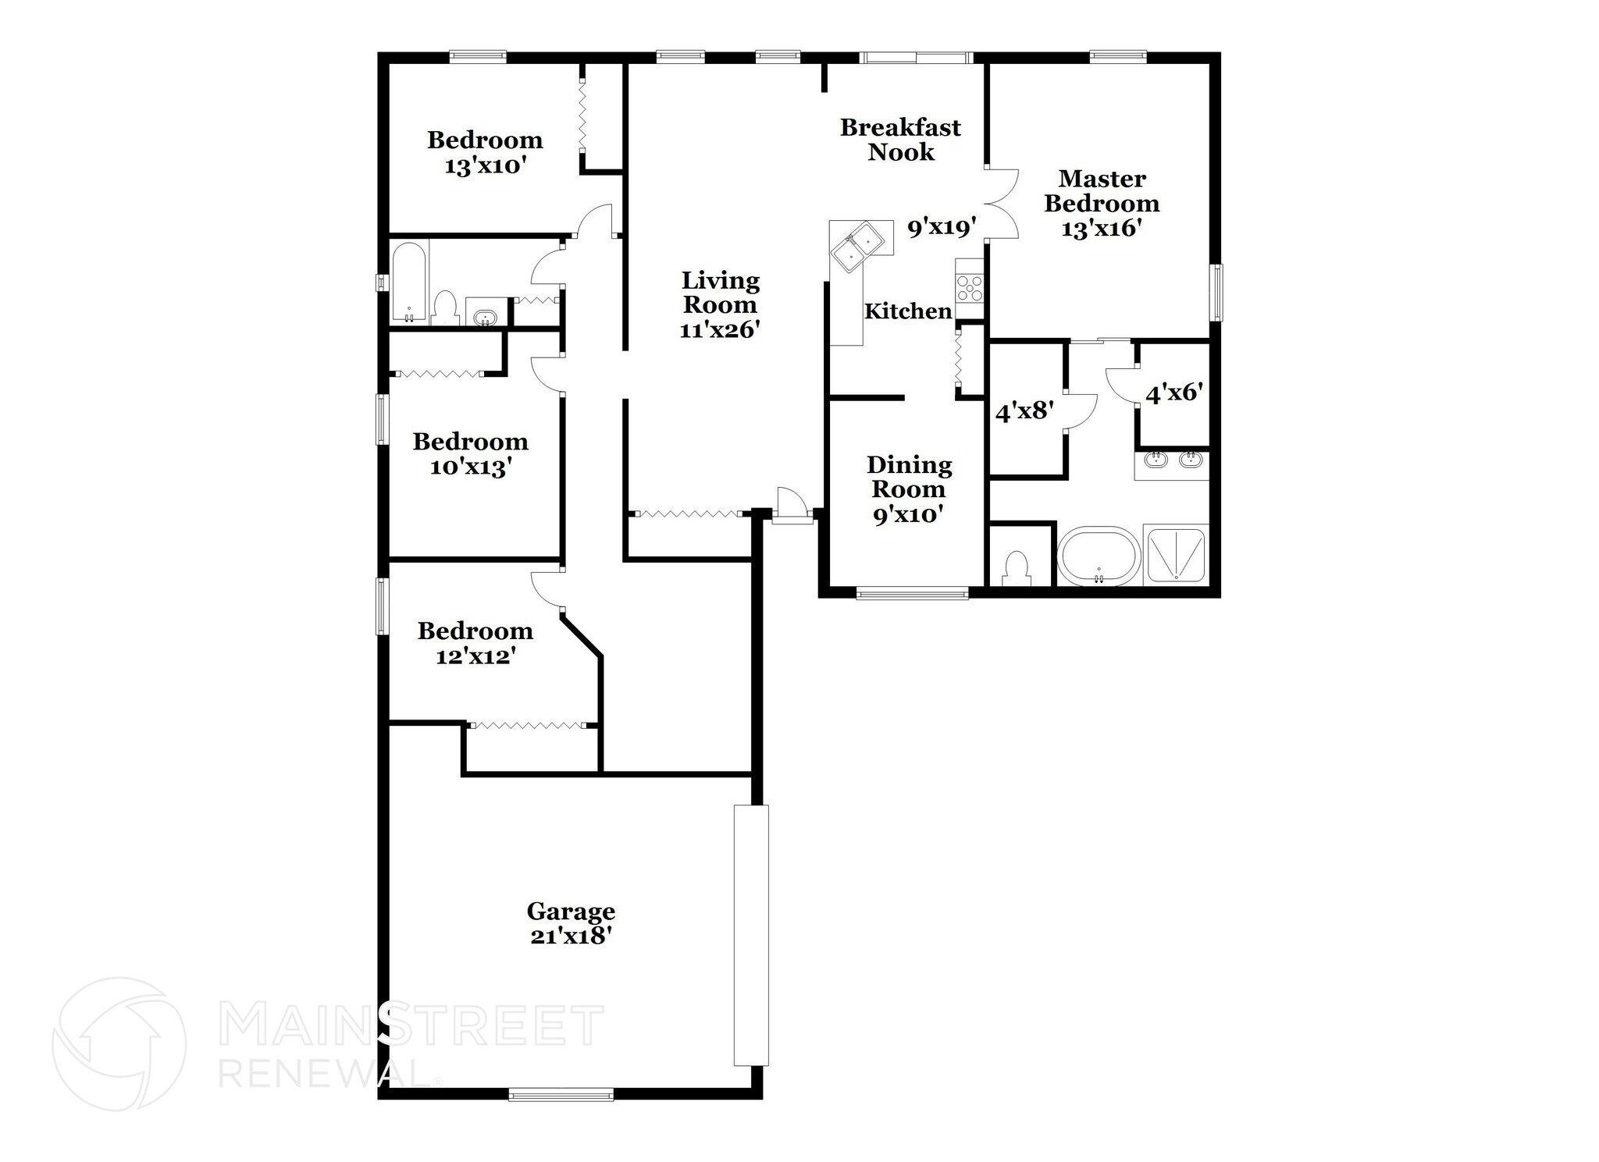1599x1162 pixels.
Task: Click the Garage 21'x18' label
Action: [571, 923]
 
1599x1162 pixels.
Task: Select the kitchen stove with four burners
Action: [969, 287]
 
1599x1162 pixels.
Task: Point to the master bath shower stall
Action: [1175, 556]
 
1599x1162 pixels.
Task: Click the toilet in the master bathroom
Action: [1016, 568]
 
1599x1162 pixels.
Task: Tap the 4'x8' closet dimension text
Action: [1024, 411]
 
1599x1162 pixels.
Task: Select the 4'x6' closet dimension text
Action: [1172, 393]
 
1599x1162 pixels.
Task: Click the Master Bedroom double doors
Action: [1002, 204]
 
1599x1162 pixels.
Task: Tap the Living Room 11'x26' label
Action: [720, 304]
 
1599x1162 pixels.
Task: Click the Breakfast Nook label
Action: [900, 139]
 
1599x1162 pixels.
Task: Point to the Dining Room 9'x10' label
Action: [909, 489]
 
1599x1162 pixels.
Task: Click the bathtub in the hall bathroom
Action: [408, 283]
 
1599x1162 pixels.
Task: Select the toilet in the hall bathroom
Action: [445, 307]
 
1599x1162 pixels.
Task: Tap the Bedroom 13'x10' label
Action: [484, 152]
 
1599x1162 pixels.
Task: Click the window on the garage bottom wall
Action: [561, 1095]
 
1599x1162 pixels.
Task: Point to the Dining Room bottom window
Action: [912, 594]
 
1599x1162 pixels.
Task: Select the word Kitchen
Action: [908, 311]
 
